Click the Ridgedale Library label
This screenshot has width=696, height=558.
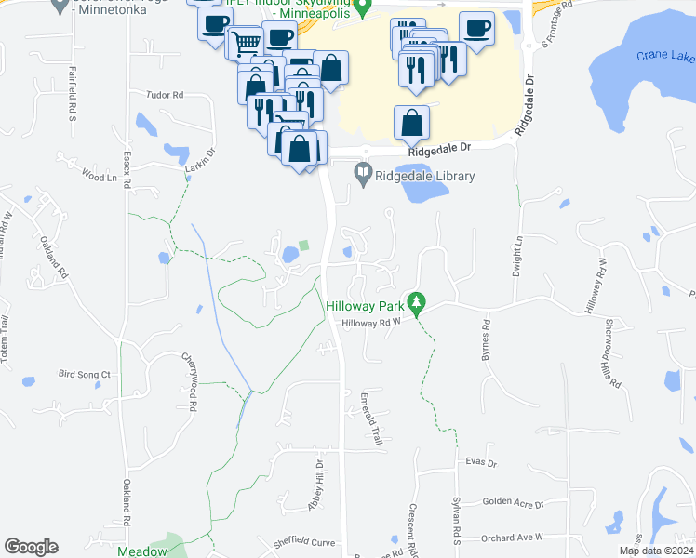pyautogui.click(x=426, y=177)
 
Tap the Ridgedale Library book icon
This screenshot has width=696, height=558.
pyautogui.click(x=362, y=173)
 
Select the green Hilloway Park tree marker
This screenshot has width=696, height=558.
pyautogui.click(x=418, y=302)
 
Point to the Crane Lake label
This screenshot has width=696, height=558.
pyautogui.click(x=665, y=56)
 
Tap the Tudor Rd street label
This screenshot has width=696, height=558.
pyautogui.click(x=166, y=95)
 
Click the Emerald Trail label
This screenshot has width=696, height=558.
pyautogui.click(x=372, y=418)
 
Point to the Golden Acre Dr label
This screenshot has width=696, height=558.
pyautogui.click(x=513, y=502)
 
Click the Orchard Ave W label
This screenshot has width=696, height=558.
pyautogui.click(x=512, y=538)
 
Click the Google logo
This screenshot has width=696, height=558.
pyautogui.click(x=31, y=547)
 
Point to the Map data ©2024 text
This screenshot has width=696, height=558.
pyautogui.click(x=655, y=551)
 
